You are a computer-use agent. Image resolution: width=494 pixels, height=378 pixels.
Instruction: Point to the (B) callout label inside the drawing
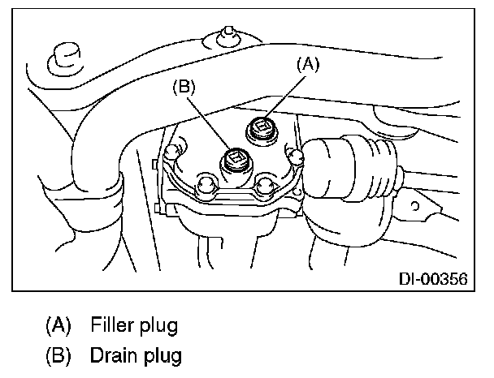(184, 87)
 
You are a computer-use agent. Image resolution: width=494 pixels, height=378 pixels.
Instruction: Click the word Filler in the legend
(111, 327)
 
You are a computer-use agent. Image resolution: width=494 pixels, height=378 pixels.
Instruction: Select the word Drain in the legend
(112, 354)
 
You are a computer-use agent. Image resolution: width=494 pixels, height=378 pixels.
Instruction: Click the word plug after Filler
(158, 328)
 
